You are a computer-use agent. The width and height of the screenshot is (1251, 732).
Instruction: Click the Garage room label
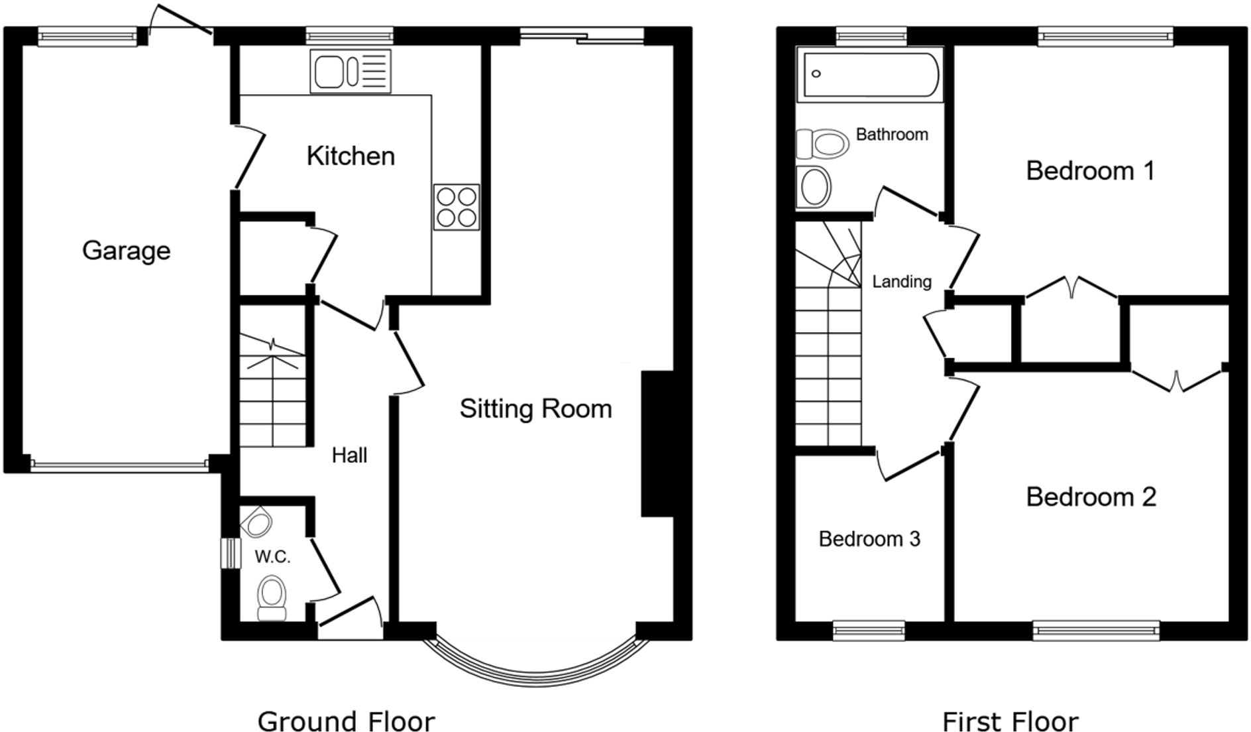[x=126, y=251]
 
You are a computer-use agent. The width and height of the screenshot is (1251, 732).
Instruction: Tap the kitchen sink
[x=351, y=71]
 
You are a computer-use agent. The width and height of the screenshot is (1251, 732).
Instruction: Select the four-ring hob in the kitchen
[x=457, y=207]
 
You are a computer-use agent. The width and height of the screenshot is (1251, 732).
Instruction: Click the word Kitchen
[x=351, y=156]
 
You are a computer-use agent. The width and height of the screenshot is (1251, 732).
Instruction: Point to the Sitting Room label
[x=535, y=408]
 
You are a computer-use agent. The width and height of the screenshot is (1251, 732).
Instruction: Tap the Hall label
[x=349, y=456]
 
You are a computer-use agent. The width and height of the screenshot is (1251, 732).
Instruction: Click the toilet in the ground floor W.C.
[x=272, y=597]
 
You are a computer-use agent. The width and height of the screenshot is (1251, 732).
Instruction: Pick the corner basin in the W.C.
[x=257, y=523]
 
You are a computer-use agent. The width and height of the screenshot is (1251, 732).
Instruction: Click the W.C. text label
[x=272, y=557]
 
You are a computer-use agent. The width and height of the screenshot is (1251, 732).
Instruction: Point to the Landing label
[x=902, y=282]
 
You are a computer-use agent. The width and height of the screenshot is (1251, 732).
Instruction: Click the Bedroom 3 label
[x=869, y=539]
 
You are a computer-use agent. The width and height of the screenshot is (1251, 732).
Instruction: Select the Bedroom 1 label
[x=1090, y=171]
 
